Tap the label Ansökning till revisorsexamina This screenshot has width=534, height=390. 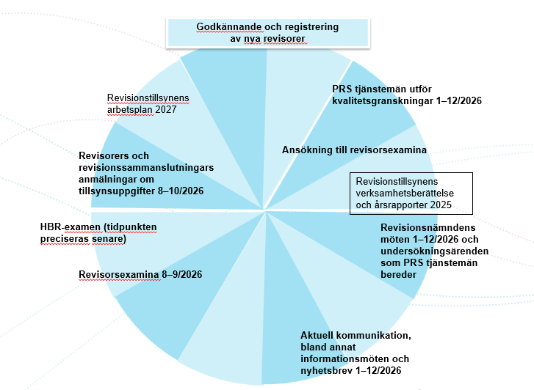coord(354,150)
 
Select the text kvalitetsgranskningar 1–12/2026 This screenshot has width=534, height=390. coord(406,100)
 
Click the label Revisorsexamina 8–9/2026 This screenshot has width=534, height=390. coord(140,275)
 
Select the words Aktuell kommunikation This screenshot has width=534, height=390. coord(355,336)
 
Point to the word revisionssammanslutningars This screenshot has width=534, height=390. coord(145,167)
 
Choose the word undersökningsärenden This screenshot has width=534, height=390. coord(433,251)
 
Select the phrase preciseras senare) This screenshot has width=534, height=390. coord(83,239)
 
